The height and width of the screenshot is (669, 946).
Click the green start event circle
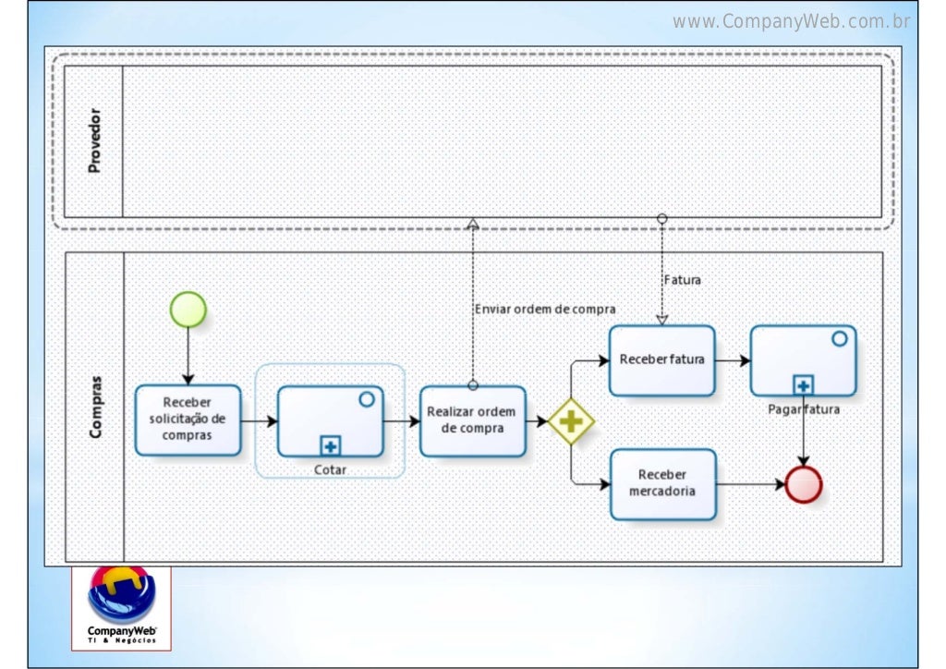click(x=188, y=310)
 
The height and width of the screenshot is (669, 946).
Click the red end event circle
click(x=803, y=484)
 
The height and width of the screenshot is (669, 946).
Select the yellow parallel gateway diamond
click(x=571, y=421)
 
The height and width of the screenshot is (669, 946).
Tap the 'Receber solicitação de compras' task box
click(x=188, y=420)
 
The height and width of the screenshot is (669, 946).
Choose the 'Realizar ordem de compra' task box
click(x=472, y=420)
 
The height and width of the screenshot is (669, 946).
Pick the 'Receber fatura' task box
click(x=661, y=360)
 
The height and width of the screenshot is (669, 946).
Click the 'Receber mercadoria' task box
click(x=662, y=483)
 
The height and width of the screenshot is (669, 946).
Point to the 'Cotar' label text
click(x=330, y=469)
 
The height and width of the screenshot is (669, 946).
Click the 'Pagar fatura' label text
click(x=803, y=408)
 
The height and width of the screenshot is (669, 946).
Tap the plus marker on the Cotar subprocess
click(x=330, y=446)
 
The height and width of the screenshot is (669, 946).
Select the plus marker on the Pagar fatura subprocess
click(x=803, y=385)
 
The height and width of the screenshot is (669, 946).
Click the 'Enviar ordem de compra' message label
click(x=545, y=310)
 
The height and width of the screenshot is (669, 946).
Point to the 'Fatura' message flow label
click(x=682, y=280)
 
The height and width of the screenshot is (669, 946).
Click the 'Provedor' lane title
click(x=93, y=141)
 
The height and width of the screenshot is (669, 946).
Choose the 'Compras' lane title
click(x=95, y=407)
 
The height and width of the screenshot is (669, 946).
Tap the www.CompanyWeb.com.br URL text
click(x=792, y=21)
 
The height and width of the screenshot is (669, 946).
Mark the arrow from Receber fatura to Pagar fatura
click(x=733, y=360)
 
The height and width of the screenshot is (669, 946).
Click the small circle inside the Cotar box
click(x=366, y=399)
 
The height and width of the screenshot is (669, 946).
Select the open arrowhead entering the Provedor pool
click(x=473, y=224)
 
